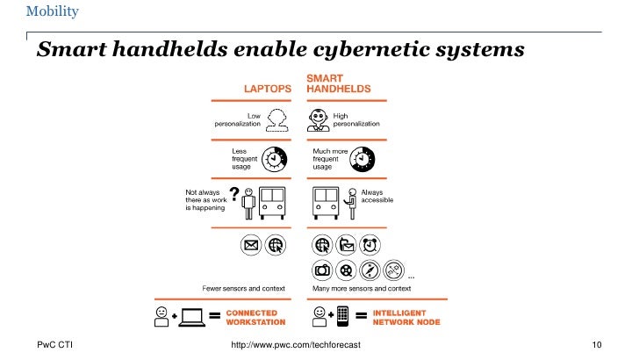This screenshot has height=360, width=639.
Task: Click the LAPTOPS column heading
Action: click(x=269, y=89)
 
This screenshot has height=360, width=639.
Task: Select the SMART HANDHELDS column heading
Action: click(x=338, y=83)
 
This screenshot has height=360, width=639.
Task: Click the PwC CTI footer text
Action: click(x=54, y=344)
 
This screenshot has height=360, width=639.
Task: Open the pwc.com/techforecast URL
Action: click(x=294, y=344)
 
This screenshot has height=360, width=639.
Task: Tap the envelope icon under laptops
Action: click(x=251, y=245)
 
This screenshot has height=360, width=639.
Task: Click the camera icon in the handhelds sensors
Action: click(x=322, y=270)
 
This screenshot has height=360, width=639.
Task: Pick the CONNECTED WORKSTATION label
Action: click(x=252, y=317)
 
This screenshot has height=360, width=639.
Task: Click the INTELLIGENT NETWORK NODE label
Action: click(x=407, y=317)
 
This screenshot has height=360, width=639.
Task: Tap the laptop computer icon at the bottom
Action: click(x=191, y=317)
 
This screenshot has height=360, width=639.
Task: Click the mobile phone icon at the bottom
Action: click(x=343, y=316)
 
